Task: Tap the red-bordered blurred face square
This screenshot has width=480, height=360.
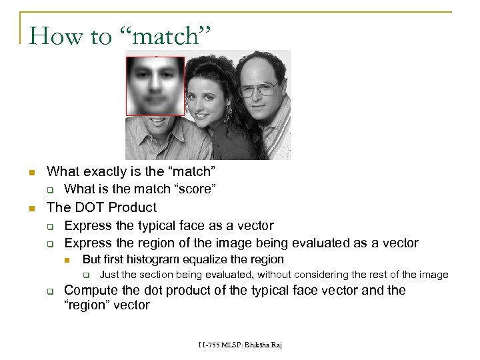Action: pos(155,85)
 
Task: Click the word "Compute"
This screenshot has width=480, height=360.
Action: pos(89,290)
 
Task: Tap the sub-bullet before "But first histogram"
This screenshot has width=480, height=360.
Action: pos(67,260)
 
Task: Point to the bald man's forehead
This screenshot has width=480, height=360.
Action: pos(257,70)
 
